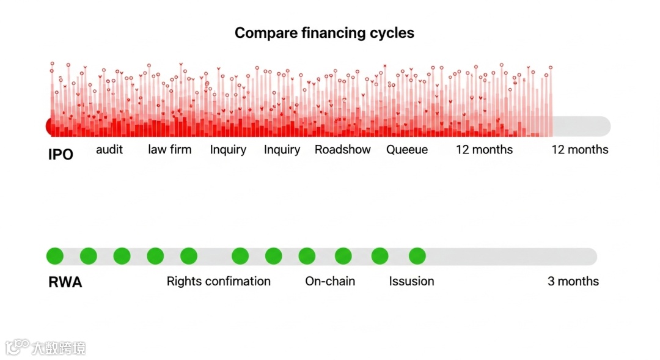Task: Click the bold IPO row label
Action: [61, 155]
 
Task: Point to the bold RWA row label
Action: [65, 282]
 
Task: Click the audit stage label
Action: [109, 150]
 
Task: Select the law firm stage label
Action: [169, 150]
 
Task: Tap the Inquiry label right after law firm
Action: [228, 150]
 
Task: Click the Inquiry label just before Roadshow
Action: [282, 150]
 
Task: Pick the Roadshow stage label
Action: [342, 150]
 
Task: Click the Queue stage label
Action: [407, 150]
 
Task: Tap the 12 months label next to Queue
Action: [484, 150]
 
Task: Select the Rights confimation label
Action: [218, 281]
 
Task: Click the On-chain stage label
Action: [330, 281]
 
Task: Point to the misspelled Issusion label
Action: [411, 281]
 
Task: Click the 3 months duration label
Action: [573, 281]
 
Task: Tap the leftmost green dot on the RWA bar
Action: [55, 256]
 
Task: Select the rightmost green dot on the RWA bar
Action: [417, 256]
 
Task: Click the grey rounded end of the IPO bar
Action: [602, 127]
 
